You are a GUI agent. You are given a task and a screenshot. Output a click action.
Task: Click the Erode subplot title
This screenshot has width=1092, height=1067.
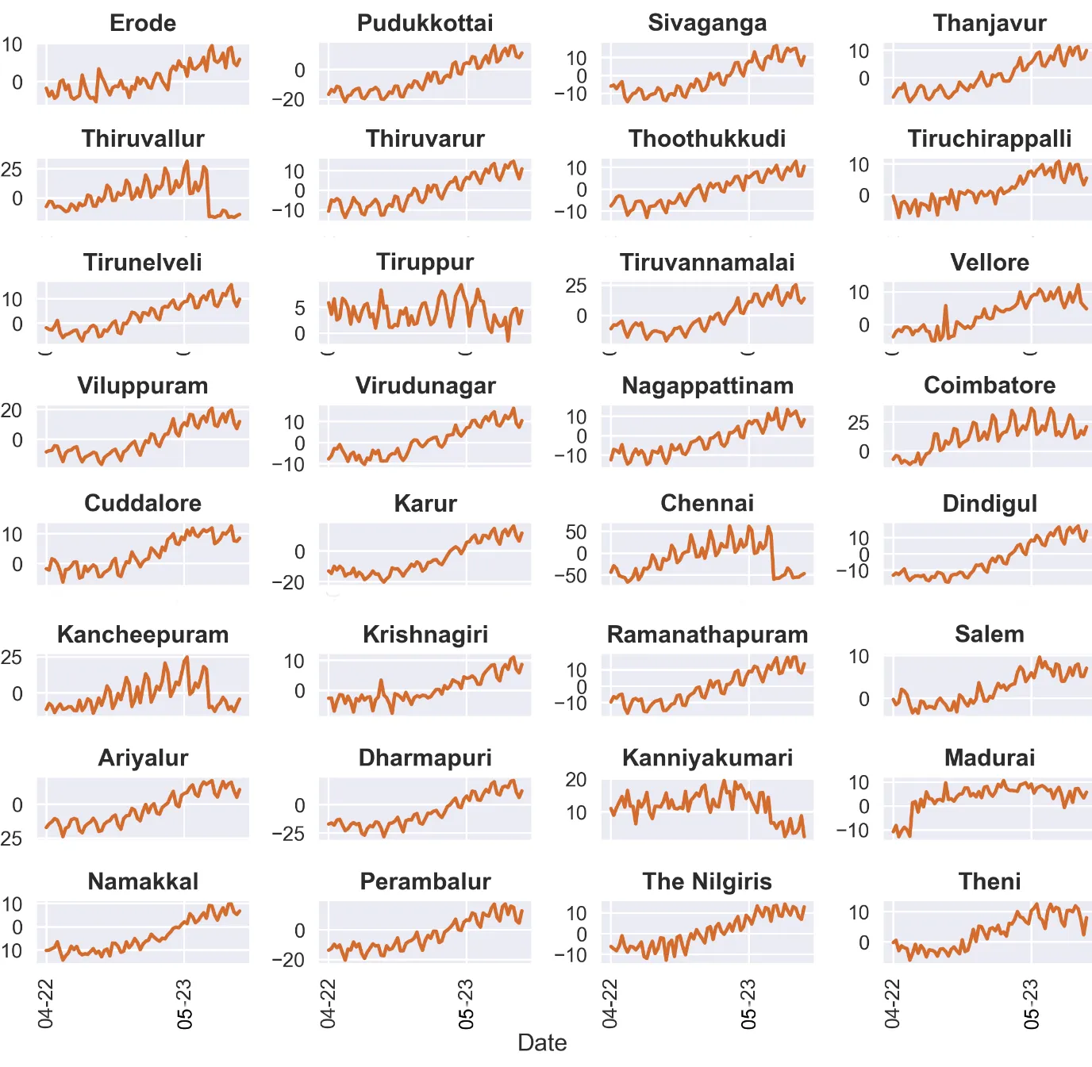point(143,23)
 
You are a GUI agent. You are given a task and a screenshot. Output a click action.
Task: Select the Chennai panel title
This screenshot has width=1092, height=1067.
point(707,503)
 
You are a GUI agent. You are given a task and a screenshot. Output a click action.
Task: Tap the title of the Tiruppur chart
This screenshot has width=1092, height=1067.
point(425,262)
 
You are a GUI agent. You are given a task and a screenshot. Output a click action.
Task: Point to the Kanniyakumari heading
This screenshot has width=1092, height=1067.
point(707,758)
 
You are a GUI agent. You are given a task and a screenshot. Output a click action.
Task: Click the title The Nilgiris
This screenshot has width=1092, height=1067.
point(707,881)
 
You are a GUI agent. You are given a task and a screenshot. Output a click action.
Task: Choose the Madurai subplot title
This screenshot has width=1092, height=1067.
point(990,758)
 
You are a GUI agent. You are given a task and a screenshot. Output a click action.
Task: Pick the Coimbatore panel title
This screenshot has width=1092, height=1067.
point(990,386)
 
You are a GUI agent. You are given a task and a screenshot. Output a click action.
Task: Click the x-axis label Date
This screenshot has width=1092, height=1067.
point(542,1042)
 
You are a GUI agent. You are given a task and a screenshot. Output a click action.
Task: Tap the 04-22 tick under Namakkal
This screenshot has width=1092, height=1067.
point(46,1004)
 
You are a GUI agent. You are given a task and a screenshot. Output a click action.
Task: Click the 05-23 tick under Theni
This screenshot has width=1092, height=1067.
point(1031,1004)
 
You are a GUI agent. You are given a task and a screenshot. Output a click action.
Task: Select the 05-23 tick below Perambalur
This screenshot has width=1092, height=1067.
point(466,1004)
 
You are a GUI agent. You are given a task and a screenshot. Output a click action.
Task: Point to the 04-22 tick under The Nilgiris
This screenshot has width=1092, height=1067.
point(610,1004)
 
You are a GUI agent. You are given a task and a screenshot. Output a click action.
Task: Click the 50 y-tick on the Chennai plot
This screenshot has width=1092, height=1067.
point(576,532)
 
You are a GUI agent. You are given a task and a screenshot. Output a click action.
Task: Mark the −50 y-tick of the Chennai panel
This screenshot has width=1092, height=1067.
point(571,575)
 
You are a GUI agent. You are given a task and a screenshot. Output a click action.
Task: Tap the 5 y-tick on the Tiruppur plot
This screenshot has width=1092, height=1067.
point(300,308)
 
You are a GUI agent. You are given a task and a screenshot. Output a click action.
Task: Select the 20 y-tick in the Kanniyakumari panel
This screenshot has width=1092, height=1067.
point(576,780)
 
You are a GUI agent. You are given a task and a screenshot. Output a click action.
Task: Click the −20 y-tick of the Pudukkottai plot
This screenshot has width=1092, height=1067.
point(288,100)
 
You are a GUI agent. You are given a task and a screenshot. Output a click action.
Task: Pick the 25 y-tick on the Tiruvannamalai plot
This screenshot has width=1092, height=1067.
point(576,286)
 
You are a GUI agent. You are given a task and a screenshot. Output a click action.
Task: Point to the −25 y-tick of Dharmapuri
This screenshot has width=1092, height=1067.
point(288,834)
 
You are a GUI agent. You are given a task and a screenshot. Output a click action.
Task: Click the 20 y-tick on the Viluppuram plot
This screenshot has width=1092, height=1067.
point(11,410)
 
